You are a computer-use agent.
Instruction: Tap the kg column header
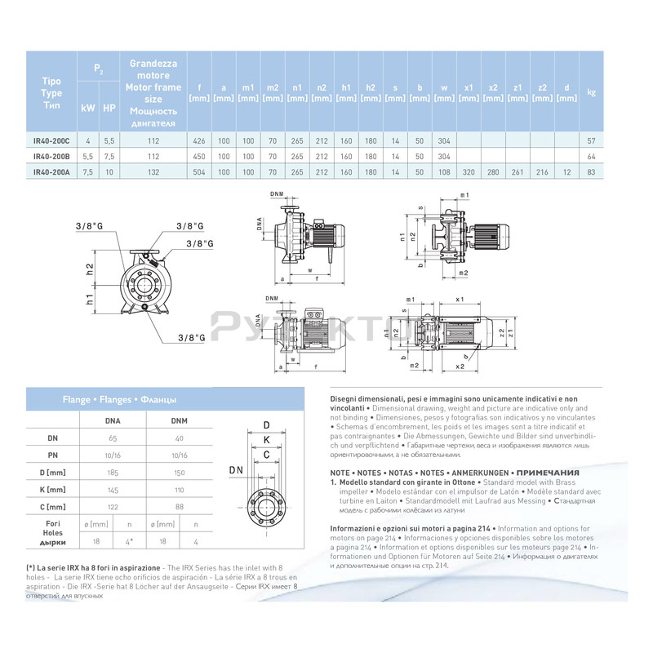[590, 92]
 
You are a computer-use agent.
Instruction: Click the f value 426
[198, 141]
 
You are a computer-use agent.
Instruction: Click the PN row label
[53, 455]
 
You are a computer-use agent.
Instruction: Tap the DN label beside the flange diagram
[236, 470]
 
